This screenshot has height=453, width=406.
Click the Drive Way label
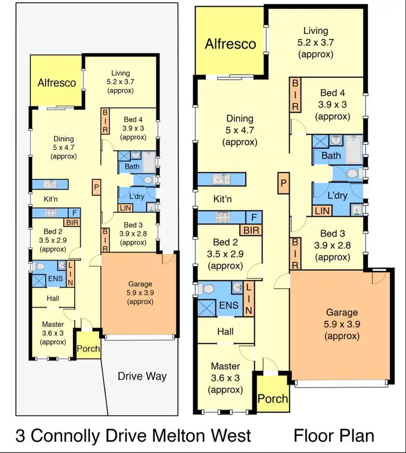click(142, 376)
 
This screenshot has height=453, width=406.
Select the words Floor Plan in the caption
click(333, 435)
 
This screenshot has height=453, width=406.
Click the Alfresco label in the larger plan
click(230, 44)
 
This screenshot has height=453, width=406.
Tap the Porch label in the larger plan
click(272, 399)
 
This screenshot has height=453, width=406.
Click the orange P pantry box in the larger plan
click(283, 184)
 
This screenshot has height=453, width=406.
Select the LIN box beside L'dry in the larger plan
click(322, 211)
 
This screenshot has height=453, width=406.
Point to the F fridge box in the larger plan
click(253, 217)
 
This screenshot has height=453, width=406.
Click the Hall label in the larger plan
click(225, 330)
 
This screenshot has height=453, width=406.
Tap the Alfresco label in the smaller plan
click(57, 83)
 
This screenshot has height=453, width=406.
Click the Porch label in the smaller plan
click(88, 349)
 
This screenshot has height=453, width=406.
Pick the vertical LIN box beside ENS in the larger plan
click(249, 299)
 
